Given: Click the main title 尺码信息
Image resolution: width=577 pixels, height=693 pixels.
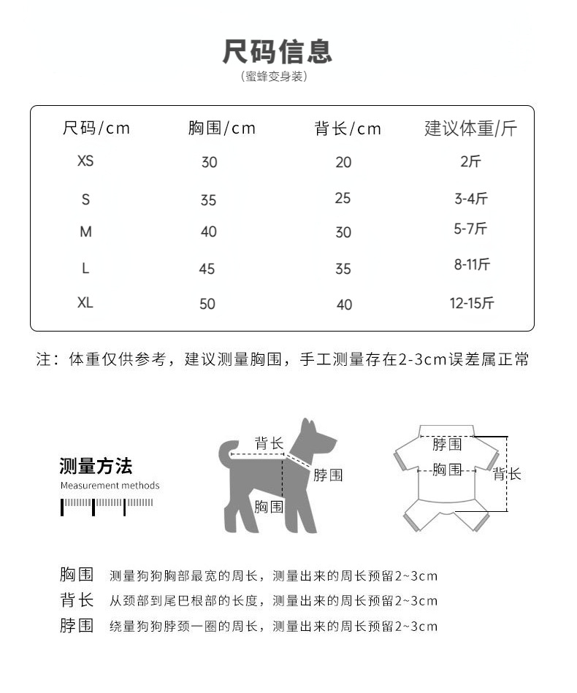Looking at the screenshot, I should tap(278, 52).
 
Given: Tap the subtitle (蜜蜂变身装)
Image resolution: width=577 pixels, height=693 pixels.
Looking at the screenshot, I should tap(274, 77).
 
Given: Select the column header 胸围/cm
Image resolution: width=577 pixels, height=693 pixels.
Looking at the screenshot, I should tap(222, 129).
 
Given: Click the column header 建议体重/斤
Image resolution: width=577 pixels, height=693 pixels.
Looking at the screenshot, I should tap(470, 129).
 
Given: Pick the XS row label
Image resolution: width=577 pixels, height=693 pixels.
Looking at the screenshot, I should tap(85, 161).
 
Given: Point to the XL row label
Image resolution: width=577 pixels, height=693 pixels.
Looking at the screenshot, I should tap(85, 302).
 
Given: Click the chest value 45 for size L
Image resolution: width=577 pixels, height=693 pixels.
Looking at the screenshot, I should tap(207, 269).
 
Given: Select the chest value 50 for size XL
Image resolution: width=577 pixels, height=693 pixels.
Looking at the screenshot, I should tap(207, 304).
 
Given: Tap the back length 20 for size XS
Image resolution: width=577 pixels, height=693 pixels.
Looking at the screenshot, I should tap(343, 162).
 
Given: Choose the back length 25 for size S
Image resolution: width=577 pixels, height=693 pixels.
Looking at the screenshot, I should tap(343, 198).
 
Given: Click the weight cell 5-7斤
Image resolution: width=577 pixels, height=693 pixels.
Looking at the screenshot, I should tap(470, 229).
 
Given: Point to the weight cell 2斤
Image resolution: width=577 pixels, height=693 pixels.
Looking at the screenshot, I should tap(471, 161).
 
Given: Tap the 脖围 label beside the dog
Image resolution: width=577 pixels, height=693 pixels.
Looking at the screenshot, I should tap(328, 475).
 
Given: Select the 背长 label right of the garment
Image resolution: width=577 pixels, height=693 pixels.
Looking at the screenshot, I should tap(507, 475).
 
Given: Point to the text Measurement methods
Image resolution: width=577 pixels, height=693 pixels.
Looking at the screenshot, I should tap(110, 486).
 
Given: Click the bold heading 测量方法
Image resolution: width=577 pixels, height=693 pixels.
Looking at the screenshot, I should tap(96, 467).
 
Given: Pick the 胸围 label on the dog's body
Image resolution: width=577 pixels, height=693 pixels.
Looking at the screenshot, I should tap(269, 506).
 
